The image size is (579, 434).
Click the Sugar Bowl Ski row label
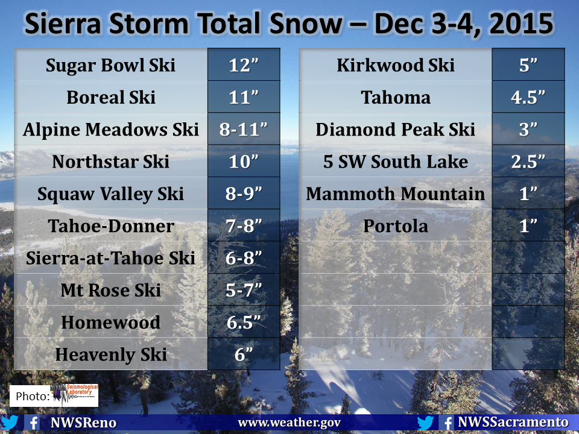pyautogui.click(x=110, y=65)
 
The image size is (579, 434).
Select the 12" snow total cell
pyautogui.click(x=244, y=65)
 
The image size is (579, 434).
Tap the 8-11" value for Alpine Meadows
pyautogui.click(x=244, y=129)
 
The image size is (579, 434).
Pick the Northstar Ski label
pyautogui.click(x=111, y=162)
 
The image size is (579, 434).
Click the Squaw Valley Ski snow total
pyautogui.click(x=244, y=193)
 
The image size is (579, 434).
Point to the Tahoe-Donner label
pyautogui.click(x=111, y=226)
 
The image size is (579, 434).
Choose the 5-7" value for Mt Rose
pyautogui.click(x=244, y=290)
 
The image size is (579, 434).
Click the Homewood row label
pyautogui.click(x=111, y=322)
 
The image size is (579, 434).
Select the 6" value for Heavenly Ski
pyautogui.click(x=244, y=354)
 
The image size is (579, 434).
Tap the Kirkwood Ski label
pyautogui.click(x=396, y=65)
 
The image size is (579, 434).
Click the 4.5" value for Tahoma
pyautogui.click(x=528, y=97)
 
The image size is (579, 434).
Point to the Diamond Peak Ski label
pyautogui.click(x=395, y=130)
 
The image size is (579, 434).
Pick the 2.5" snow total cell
pyautogui.click(x=528, y=162)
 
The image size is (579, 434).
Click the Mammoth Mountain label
pyautogui.click(x=396, y=193)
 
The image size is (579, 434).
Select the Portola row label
pyautogui.click(x=396, y=226)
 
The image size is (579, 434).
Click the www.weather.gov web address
pyautogui.click(x=289, y=423)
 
